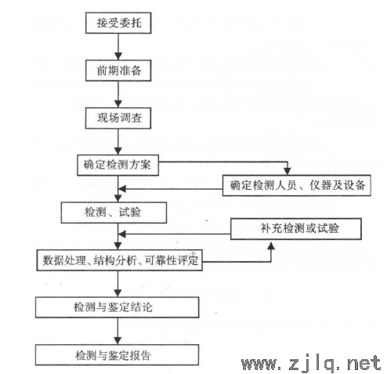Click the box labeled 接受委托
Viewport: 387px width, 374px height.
click(x=118, y=23)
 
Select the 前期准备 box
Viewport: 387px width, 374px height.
click(x=118, y=71)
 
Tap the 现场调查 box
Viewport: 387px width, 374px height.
click(x=118, y=118)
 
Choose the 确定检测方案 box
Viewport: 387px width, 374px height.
click(x=118, y=165)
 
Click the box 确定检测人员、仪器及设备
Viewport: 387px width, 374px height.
click(x=297, y=185)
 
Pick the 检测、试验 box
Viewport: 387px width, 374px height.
click(x=114, y=212)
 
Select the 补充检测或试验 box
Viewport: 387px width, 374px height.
click(x=296, y=229)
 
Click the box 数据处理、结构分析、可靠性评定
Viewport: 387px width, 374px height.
click(x=119, y=260)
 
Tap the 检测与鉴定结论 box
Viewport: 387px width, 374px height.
click(x=118, y=307)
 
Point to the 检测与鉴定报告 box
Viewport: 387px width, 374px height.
click(x=117, y=355)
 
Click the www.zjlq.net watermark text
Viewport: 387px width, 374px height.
click(x=311, y=363)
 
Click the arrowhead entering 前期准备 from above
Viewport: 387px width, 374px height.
click(x=118, y=56)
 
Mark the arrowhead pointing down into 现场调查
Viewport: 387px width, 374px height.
click(x=118, y=104)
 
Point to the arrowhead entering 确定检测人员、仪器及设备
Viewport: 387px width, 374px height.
click(x=288, y=172)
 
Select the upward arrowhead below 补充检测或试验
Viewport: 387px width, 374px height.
click(x=271, y=245)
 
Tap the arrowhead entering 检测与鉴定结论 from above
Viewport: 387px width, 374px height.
click(x=118, y=293)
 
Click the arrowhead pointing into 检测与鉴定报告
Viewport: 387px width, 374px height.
click(x=118, y=341)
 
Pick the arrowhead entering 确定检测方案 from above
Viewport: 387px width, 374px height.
click(x=118, y=151)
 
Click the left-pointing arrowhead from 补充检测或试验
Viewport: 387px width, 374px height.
click(x=122, y=234)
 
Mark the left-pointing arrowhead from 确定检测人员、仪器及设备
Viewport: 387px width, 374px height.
click(x=122, y=189)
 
